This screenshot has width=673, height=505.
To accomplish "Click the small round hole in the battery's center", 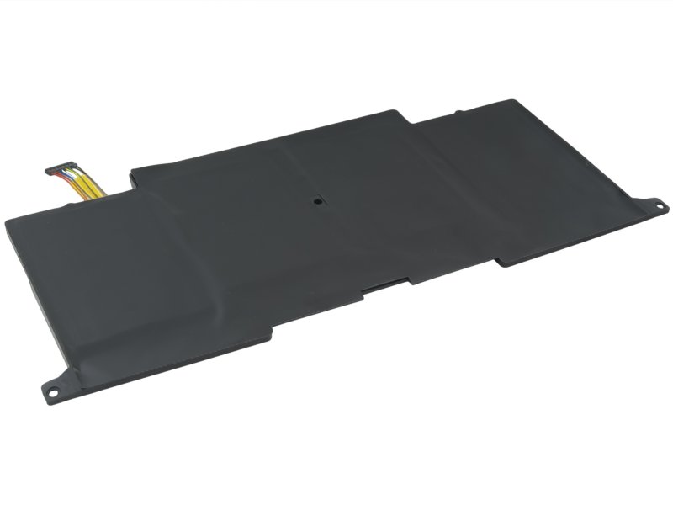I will (316, 201).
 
